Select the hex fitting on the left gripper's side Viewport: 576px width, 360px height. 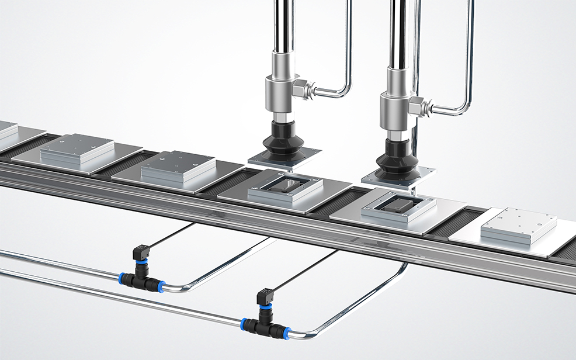pyautogui.click(x=302, y=89)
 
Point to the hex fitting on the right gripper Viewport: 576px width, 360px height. pyautogui.click(x=417, y=106)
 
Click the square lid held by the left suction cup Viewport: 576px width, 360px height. pyautogui.click(x=284, y=156)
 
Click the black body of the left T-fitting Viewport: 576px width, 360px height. pyautogui.click(x=141, y=280)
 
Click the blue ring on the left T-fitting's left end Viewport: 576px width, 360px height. pyautogui.click(x=123, y=277)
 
